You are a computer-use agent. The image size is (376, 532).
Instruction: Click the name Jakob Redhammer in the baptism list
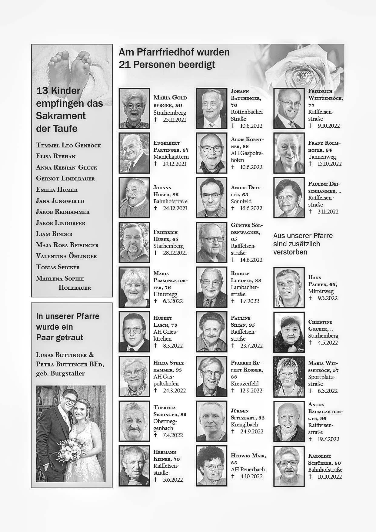coord(63,212)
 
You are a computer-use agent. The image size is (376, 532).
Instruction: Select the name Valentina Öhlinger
coord(66,256)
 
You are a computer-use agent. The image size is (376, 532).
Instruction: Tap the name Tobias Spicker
coord(58,267)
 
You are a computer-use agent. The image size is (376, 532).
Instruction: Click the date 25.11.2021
coord(174,120)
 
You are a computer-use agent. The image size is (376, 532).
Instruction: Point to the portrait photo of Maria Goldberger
coord(134,108)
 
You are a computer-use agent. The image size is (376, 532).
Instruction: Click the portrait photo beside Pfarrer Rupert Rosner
coord(211,376)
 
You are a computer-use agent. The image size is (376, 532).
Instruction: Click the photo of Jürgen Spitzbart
coord(211,421)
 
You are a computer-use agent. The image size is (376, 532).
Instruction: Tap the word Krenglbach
coord(244,424)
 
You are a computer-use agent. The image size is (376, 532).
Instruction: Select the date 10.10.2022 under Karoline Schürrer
coord(330,476)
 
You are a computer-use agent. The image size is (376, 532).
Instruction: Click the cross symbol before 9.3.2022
coord(310,298)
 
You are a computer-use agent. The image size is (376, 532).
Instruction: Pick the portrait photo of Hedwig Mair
coord(211,466)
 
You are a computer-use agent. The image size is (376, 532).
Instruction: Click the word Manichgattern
coord(171,157)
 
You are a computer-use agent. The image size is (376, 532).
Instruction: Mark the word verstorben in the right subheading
coord(290,252)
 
